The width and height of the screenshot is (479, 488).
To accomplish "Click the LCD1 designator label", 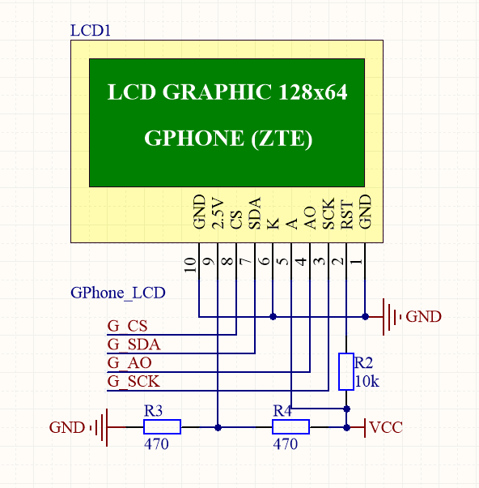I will point(91,31).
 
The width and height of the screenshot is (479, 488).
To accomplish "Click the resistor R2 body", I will point(346,372).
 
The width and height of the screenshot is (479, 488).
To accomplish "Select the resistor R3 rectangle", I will point(162,427).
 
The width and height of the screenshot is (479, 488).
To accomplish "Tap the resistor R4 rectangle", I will point(290,427).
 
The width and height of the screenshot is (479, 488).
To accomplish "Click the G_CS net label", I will point(127,326).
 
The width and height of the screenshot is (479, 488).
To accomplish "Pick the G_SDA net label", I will point(134,345).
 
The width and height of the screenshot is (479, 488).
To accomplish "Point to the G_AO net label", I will point(129,362).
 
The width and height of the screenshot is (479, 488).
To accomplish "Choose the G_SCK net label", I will point(134,381).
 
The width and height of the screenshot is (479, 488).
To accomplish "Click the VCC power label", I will point(386,427).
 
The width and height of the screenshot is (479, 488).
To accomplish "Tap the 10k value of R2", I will point(367,381).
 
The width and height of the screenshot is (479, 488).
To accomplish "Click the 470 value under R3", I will point(156,444).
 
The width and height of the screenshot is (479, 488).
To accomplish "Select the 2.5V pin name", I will point(217,213).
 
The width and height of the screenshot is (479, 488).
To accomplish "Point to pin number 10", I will point(190,264).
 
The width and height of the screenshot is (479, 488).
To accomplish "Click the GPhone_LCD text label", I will point(118,293).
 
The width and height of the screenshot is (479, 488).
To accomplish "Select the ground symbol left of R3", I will point(100,427).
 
